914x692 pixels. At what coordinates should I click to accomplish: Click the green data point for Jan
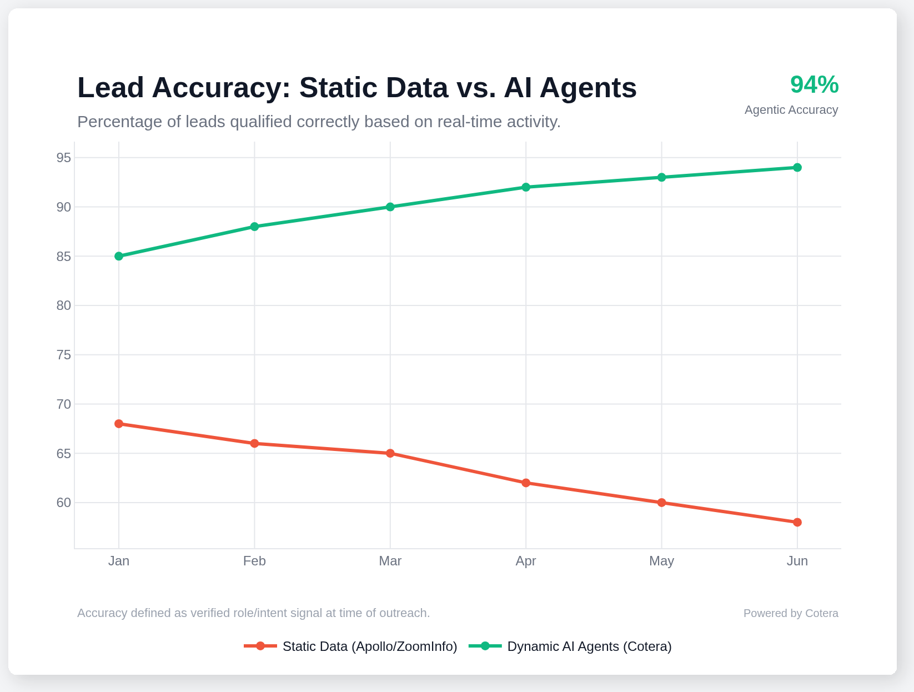point(119,256)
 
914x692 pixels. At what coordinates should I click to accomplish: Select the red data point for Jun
point(797,522)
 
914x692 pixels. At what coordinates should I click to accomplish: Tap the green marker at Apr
point(526,187)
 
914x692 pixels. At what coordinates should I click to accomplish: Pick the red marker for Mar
point(390,453)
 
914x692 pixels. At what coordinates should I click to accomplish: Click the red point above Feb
point(254,443)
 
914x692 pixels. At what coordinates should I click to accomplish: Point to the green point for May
point(661,177)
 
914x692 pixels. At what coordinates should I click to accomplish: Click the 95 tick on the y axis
point(64,158)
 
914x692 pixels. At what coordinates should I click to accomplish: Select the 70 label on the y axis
point(64,404)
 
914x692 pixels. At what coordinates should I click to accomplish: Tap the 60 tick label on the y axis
point(64,503)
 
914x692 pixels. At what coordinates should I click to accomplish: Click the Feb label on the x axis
point(254,561)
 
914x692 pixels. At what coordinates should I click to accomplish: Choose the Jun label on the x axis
point(797,561)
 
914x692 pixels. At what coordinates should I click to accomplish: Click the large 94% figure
point(813,85)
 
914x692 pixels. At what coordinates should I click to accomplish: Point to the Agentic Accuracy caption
point(791,110)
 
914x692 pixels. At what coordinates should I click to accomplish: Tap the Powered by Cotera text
point(790,613)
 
